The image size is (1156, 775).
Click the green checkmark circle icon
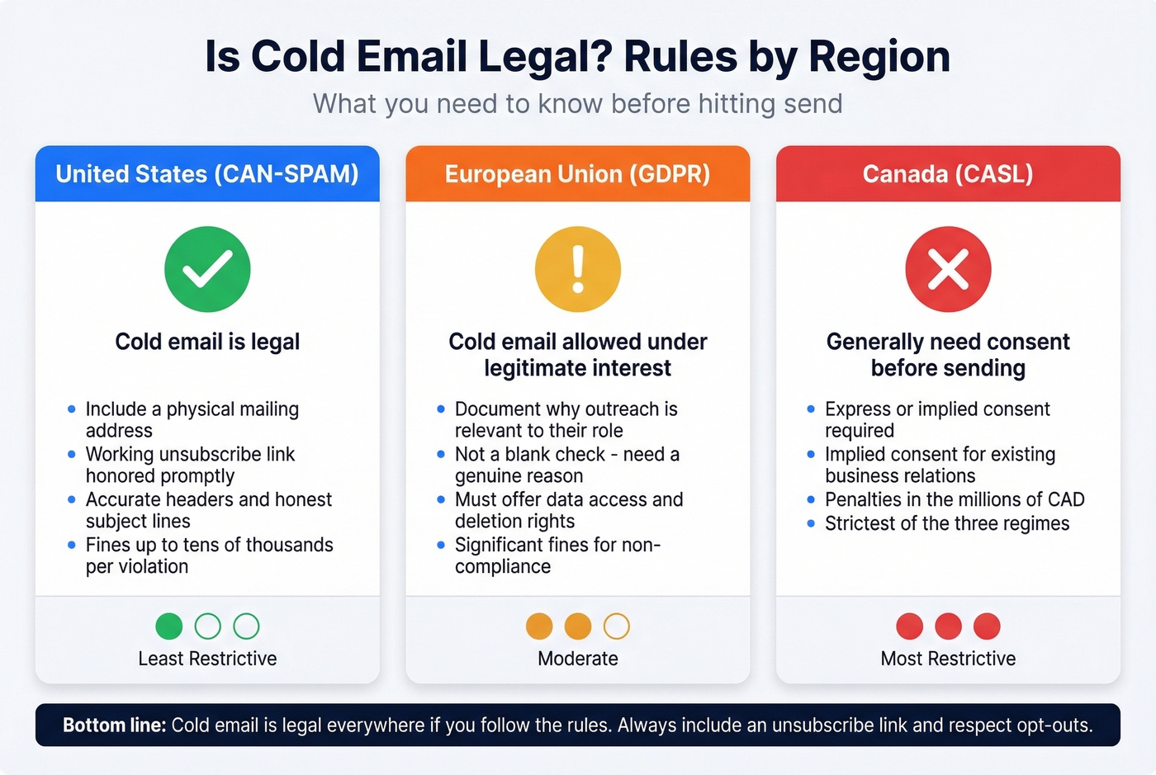[207, 269]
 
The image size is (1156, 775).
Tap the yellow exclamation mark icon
[578, 269]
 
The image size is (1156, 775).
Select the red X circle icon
[948, 269]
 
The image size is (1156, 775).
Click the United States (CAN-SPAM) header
[207, 174]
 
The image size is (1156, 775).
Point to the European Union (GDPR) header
[578, 174]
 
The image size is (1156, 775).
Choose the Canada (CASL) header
[948, 174]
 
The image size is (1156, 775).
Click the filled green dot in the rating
[168, 626]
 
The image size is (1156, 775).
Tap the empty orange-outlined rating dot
[616, 626]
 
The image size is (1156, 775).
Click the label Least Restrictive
[207, 659]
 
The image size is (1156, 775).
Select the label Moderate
[578, 659]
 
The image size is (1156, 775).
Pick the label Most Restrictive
[948, 659]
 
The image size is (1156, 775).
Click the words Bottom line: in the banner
[115, 725]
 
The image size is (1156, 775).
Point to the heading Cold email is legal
[207, 342]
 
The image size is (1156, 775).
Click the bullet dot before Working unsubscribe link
[72, 454]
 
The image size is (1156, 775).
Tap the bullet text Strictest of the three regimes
[947, 523]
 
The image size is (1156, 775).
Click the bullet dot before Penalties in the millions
[811, 499]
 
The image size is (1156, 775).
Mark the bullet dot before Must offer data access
[441, 499]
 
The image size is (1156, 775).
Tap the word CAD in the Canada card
[1066, 499]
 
